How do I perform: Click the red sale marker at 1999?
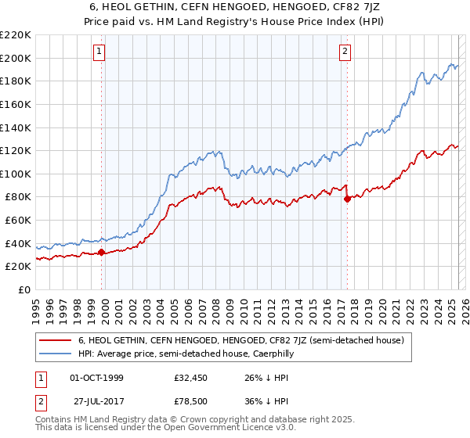pyautogui.click(x=101, y=252)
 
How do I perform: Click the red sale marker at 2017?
pyautogui.click(x=346, y=199)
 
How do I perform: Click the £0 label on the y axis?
pyautogui.click(x=25, y=289)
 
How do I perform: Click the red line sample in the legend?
pyautogui.click(x=55, y=341)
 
